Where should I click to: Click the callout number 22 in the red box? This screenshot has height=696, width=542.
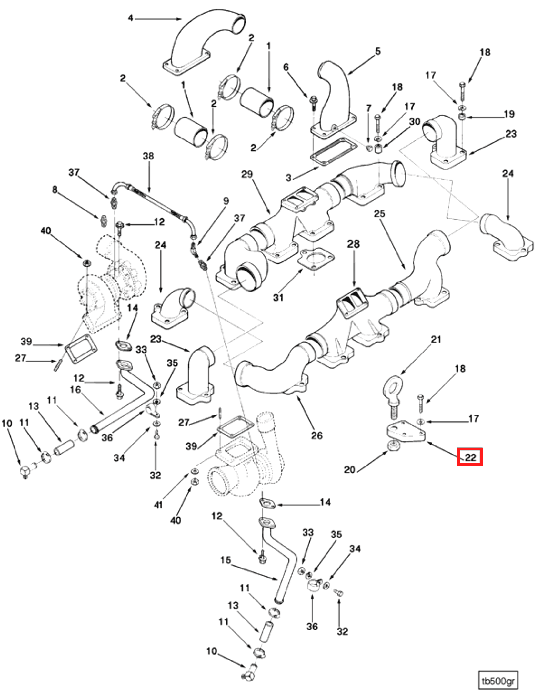470,457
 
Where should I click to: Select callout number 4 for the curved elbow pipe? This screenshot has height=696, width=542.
130,18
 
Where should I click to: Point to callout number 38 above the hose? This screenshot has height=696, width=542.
148,156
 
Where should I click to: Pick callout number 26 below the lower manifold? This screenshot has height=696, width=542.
316,435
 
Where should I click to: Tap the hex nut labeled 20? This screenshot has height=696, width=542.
394,446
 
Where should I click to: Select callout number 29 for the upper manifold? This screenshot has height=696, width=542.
247,174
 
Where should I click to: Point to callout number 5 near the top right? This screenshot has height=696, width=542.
377,51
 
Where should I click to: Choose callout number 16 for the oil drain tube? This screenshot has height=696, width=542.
75,390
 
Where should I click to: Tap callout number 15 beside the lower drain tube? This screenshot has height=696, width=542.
226,560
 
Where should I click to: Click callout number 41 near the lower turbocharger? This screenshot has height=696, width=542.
158,505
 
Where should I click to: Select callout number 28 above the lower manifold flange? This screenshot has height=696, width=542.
353,244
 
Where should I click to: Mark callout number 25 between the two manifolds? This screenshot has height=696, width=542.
379,214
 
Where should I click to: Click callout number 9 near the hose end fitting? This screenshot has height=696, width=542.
226,201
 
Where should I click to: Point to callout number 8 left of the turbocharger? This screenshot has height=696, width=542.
55,189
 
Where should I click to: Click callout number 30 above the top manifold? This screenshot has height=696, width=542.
415,122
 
